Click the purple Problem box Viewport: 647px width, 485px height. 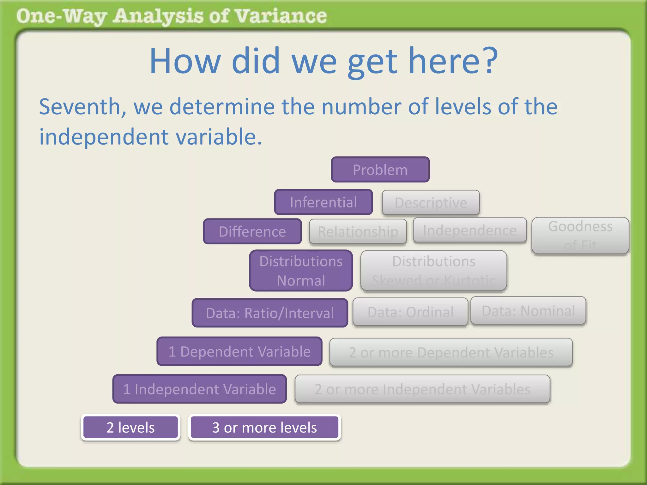[380, 170]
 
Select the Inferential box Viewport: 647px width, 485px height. [323, 202]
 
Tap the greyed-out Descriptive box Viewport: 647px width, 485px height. [431, 203]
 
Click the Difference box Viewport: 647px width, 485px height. [252, 231]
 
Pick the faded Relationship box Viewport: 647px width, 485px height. [358, 231]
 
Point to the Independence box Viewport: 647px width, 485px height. [470, 230]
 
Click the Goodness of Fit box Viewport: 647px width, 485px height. [580, 236]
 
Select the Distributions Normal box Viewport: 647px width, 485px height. [301, 271]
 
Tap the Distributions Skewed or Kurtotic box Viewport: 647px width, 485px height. [434, 271]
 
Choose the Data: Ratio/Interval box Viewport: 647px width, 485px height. [270, 313]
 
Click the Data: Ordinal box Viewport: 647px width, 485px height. [410, 312]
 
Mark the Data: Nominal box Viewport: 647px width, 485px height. [528, 311]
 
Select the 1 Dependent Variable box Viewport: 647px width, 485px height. [239, 351]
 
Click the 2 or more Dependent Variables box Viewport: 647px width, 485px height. [451, 352]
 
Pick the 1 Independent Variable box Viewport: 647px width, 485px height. [200, 389]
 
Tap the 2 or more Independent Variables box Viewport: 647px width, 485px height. [422, 389]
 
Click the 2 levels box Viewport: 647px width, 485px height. [130, 428]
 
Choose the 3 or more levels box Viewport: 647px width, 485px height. [264, 428]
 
